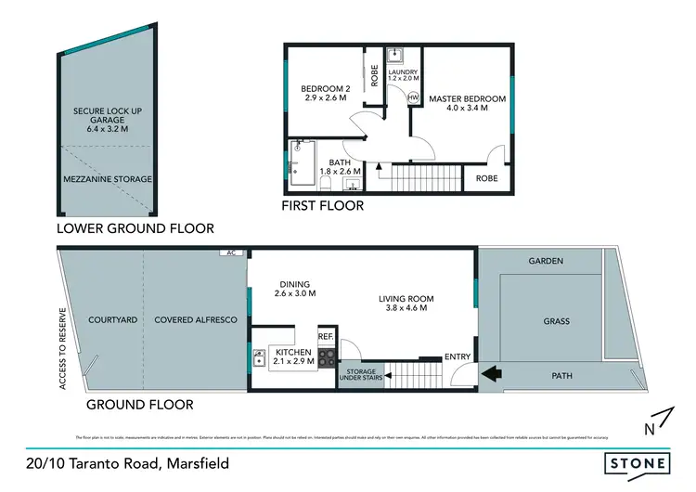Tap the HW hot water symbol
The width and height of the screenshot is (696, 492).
tap(413, 97)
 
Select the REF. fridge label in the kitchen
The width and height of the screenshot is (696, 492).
tap(326, 336)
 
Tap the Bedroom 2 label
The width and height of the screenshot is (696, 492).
tap(323, 89)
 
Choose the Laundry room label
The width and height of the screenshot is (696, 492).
tap(404, 71)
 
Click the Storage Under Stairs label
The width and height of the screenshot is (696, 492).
tap(359, 375)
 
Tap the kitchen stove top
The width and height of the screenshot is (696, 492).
tap(326, 356)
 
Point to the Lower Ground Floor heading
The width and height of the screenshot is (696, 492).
tap(135, 227)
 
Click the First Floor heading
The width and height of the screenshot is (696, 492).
tap(323, 205)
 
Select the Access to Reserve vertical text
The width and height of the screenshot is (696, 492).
tap(63, 347)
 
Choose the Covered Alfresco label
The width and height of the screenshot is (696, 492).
tap(196, 319)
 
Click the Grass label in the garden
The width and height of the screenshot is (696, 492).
tap(556, 322)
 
